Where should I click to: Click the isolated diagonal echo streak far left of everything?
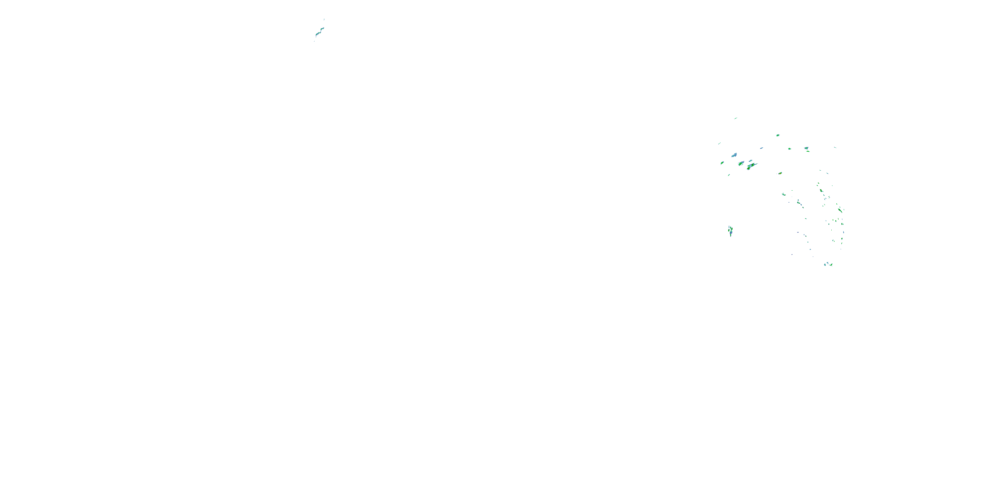point(320,32)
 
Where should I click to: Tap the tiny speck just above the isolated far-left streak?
point(324,19)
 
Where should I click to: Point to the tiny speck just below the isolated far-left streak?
point(315,41)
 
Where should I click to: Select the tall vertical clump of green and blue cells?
point(730,231)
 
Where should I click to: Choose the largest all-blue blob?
point(734,155)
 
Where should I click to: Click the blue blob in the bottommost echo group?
point(826,264)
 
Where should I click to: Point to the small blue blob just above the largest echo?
point(750,160)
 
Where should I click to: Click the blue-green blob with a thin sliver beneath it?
point(806,148)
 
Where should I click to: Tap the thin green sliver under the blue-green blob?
point(808,151)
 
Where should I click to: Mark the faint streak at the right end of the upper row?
point(835,147)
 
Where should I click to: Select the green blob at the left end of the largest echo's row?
point(722,163)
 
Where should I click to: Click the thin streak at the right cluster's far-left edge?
point(720,143)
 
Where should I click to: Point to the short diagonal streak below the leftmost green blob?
point(729,175)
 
